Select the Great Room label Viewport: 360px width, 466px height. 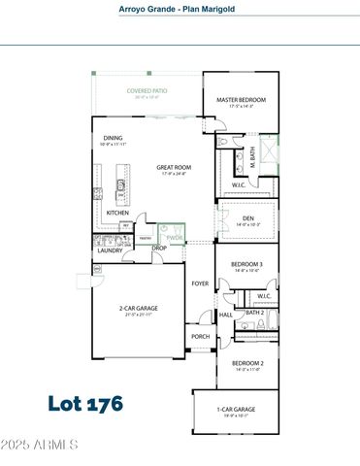coord(174,167)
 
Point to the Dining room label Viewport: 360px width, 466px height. coord(114,138)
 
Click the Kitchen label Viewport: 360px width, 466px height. coord(117,214)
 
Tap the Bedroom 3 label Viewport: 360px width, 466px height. coord(246,264)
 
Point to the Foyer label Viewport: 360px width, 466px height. coord(200,283)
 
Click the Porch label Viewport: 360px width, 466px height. coord(200,337)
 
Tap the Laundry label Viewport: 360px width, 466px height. coord(109,250)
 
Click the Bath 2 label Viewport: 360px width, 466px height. coord(255,313)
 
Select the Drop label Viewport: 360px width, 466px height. coord(159,248)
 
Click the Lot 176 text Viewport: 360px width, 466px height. coord(85,401)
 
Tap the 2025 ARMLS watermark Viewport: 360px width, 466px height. coord(40,446)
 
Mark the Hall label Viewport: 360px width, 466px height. coord(225,316)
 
